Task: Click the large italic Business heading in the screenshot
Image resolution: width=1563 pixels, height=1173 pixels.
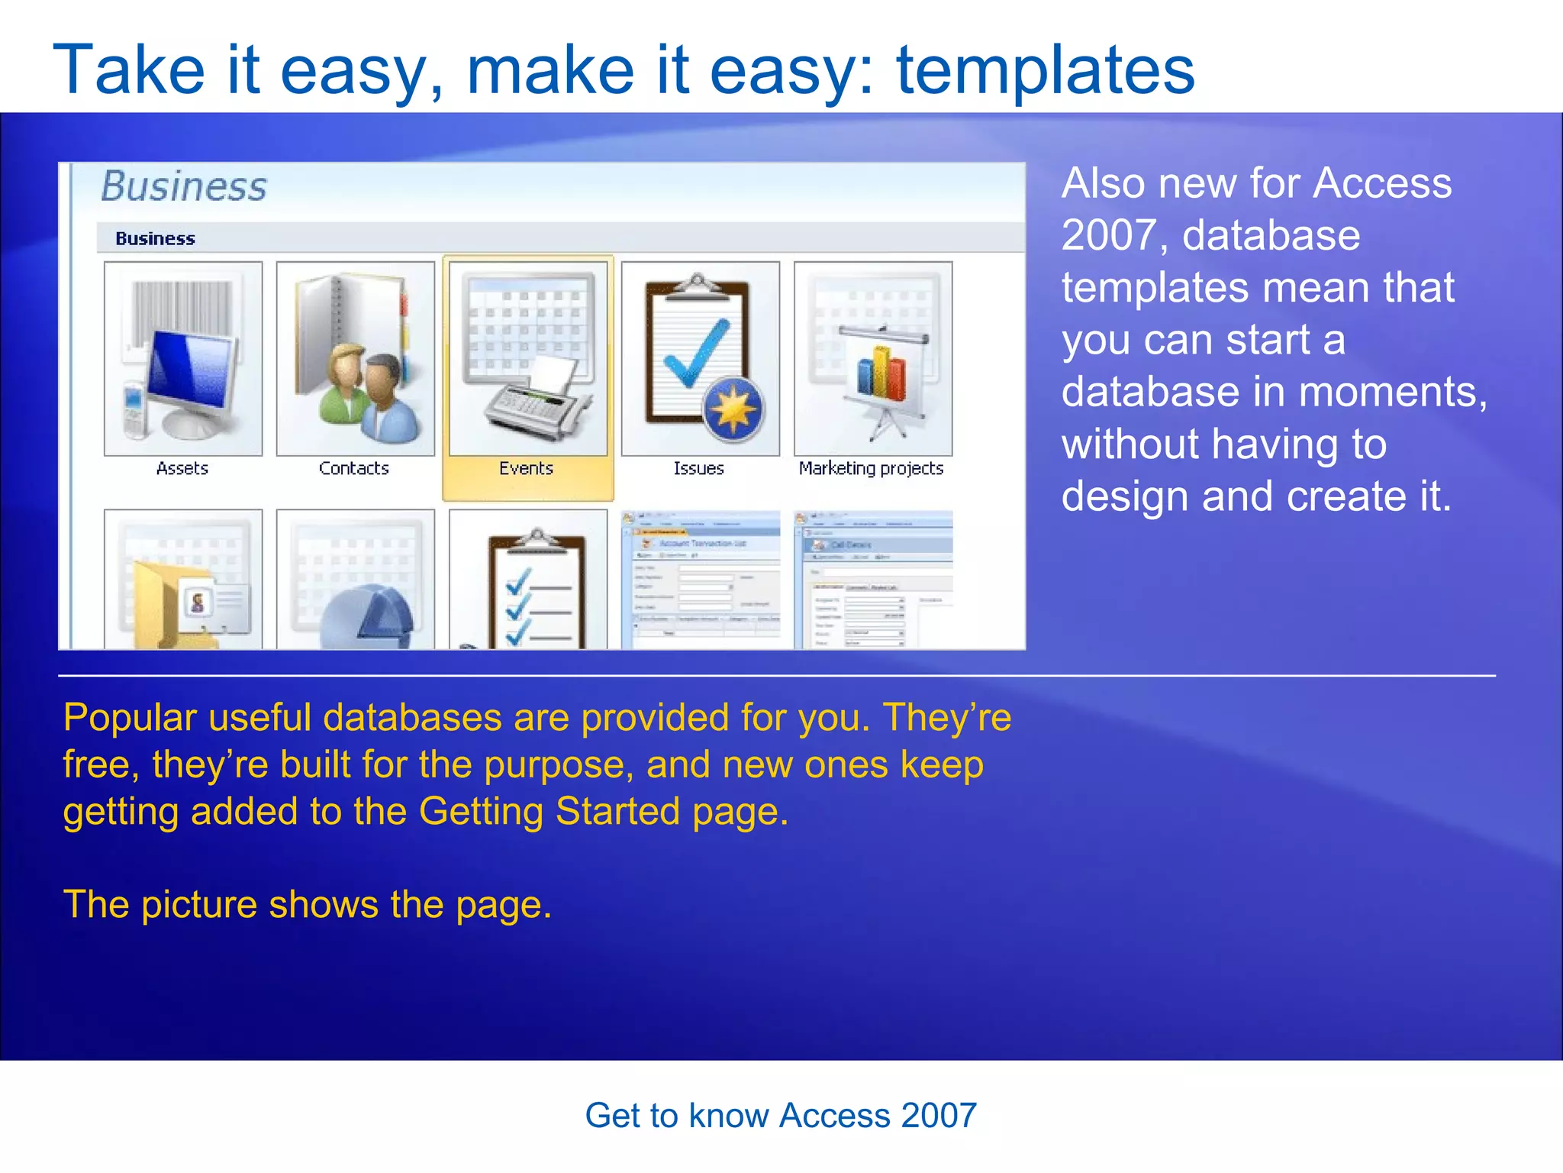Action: point(184,186)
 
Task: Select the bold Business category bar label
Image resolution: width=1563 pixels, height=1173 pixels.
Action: point(155,238)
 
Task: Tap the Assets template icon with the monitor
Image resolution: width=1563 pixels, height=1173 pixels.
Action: point(183,359)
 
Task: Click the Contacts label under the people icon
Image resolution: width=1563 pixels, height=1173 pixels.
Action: point(353,468)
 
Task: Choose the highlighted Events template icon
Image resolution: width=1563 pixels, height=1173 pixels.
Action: point(528,359)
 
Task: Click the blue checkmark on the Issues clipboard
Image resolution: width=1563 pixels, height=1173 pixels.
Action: point(696,353)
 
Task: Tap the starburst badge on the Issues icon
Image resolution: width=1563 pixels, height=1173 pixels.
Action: point(733,409)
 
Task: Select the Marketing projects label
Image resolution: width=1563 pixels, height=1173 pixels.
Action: point(871,468)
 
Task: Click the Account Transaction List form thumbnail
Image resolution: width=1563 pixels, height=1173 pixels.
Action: point(701,580)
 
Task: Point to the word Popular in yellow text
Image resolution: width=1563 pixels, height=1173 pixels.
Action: point(130,718)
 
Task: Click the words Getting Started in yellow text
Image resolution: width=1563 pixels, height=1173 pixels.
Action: point(549,811)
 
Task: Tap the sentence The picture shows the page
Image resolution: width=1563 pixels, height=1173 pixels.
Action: point(307,904)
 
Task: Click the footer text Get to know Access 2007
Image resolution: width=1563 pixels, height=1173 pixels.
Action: point(781,1115)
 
